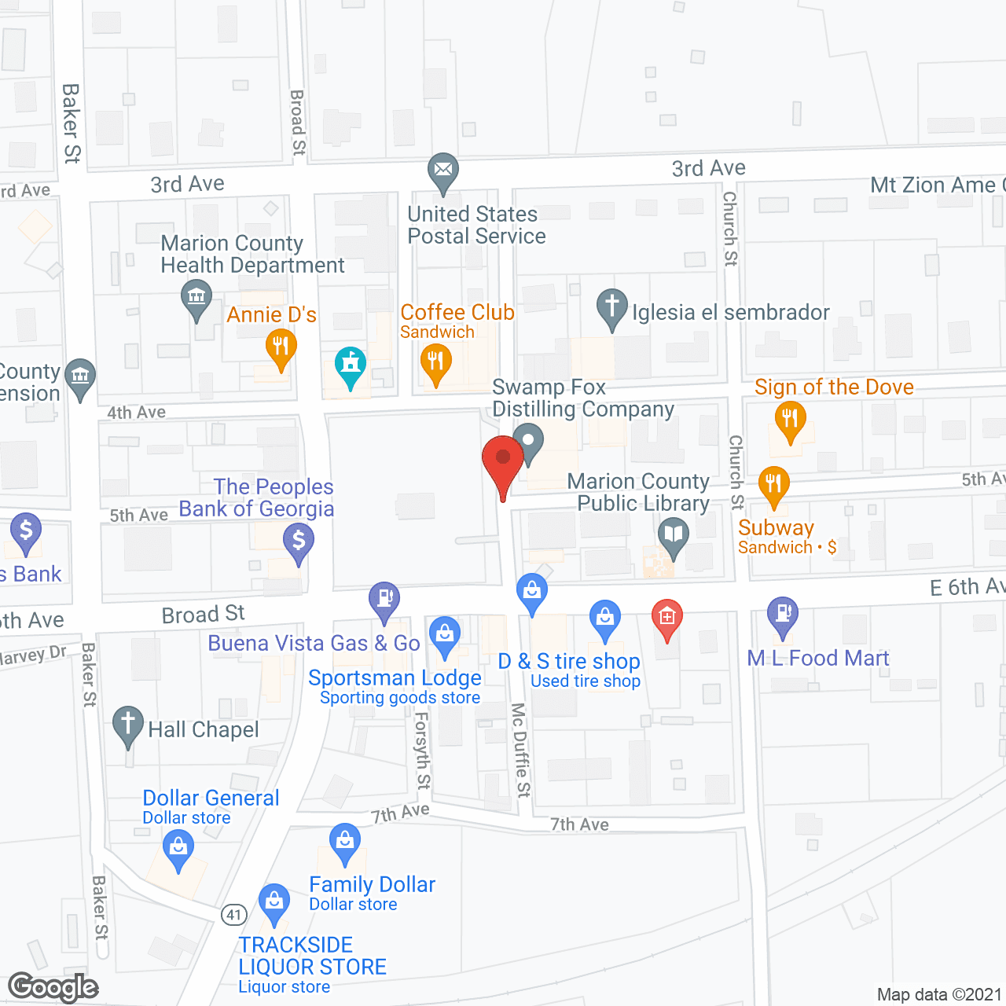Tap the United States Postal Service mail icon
443,170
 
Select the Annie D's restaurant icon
281,347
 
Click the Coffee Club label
457,313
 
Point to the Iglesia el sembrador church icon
611,307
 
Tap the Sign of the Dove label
834,387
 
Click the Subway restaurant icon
774,485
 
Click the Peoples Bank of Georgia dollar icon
299,542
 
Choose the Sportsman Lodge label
395,677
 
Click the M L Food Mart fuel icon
783,614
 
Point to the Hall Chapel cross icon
127,724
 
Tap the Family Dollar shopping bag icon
344,841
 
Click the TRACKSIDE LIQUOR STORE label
313,956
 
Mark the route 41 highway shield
234,915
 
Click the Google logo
53,987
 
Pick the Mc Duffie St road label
521,750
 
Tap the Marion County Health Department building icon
196,299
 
